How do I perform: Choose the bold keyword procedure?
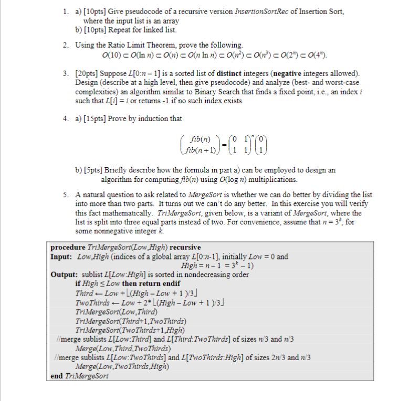pos(69,247)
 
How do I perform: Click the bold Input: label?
pos(63,256)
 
